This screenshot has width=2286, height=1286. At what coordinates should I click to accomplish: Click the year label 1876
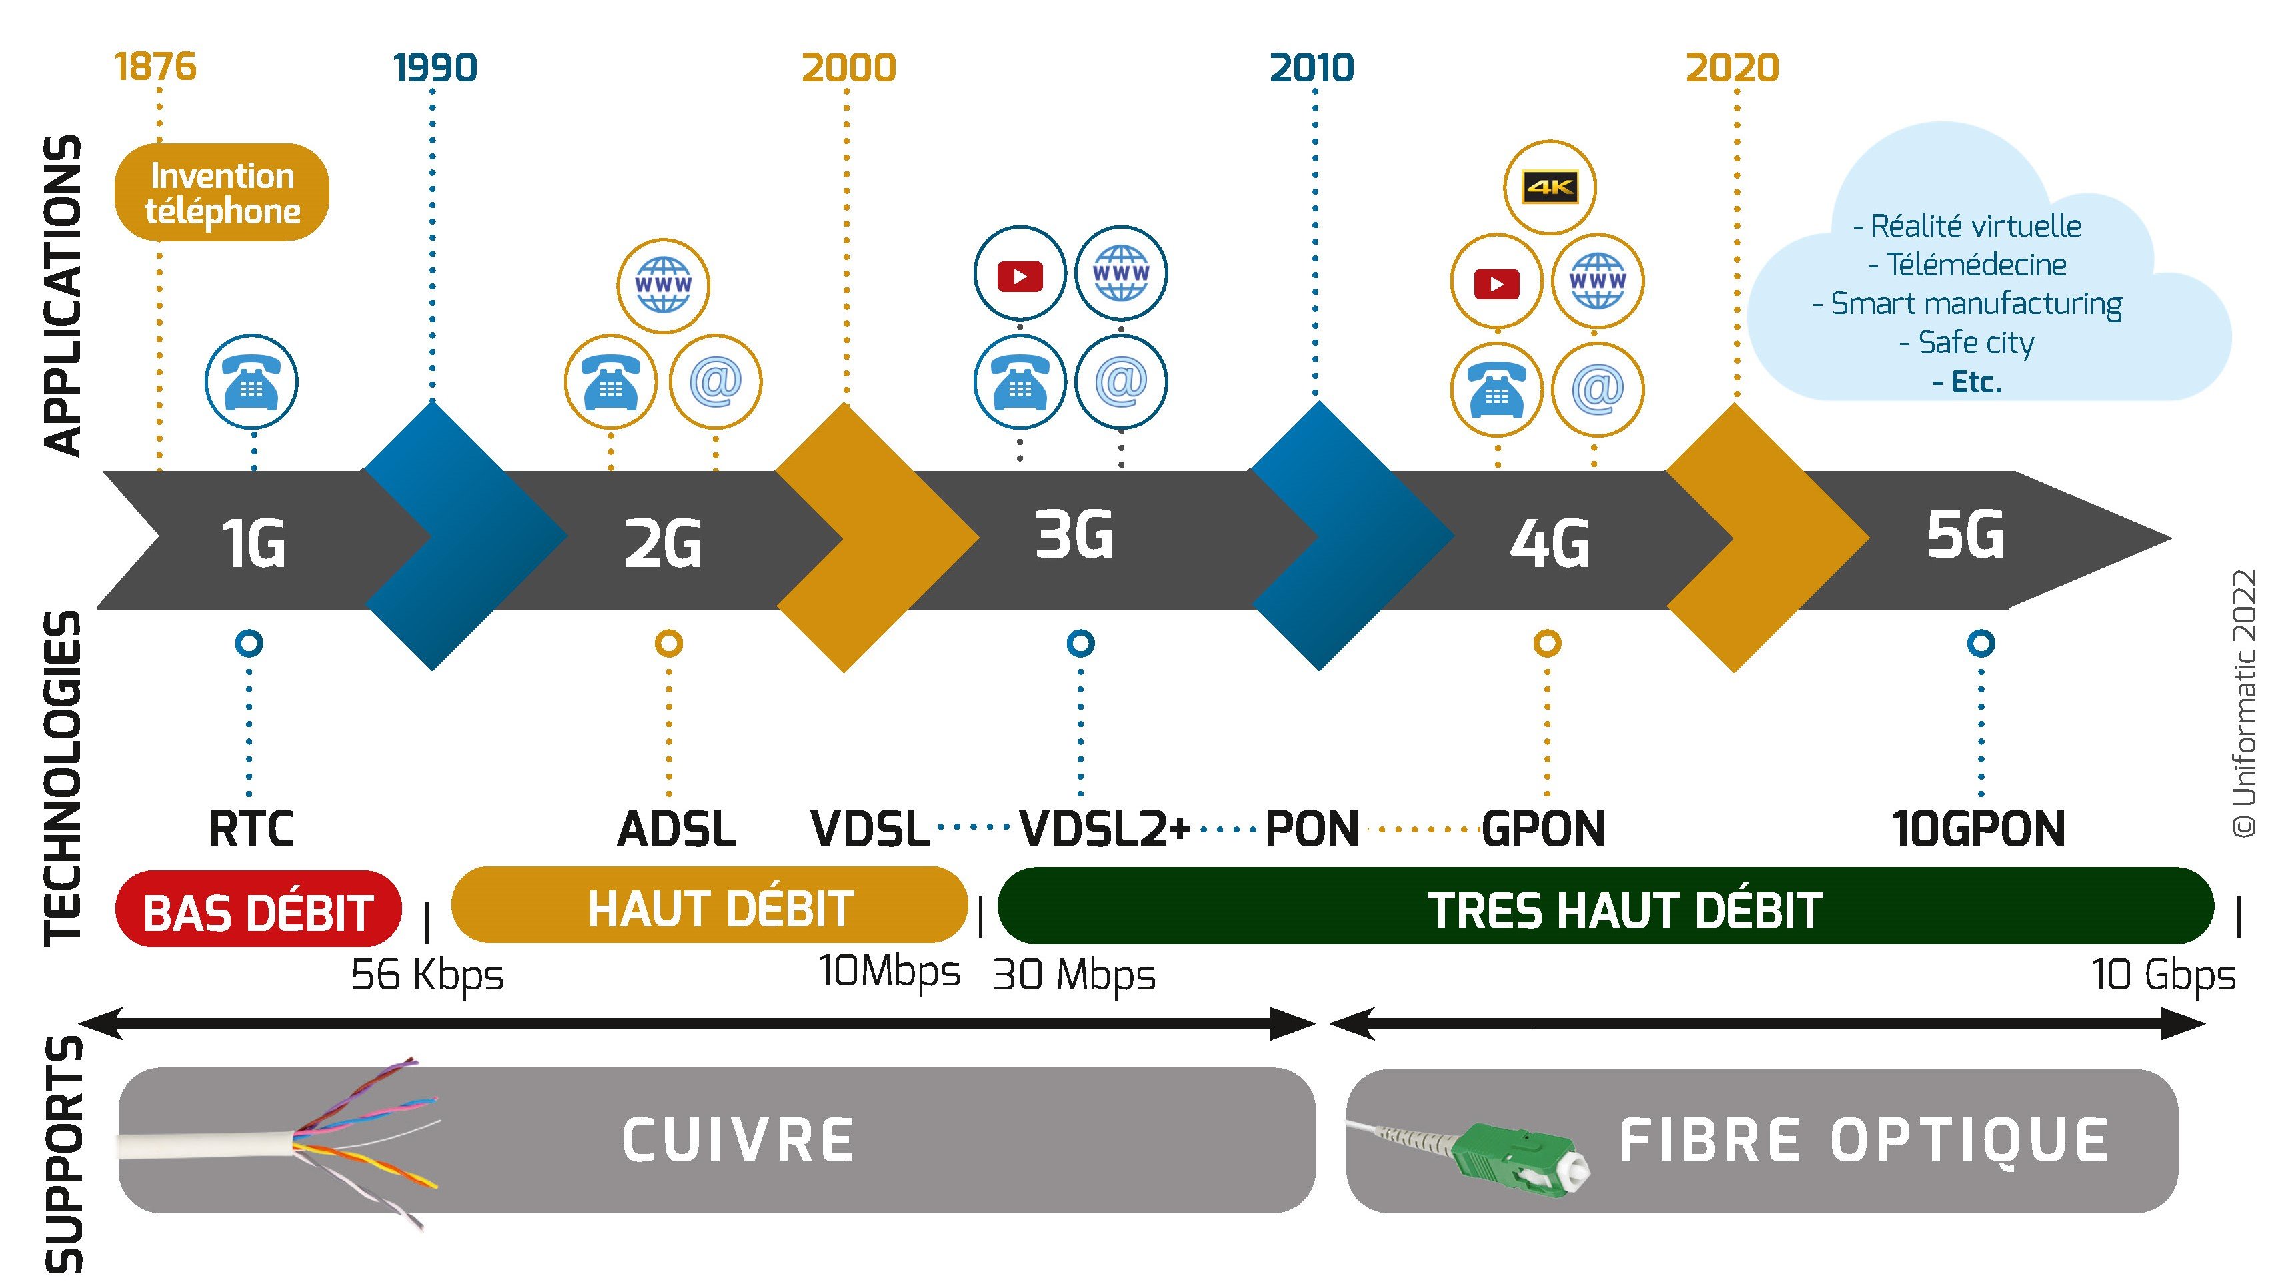155,67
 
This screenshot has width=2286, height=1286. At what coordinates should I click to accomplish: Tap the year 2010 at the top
1312,68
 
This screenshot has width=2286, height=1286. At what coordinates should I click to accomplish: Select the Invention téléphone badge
222,193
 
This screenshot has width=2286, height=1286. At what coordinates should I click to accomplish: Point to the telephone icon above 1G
251,382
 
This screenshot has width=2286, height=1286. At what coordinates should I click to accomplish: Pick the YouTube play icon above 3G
1020,274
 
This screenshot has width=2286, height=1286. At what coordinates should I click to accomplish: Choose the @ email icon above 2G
716,382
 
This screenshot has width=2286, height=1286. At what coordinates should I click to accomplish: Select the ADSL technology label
676,830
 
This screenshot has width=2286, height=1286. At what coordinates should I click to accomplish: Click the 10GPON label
1978,830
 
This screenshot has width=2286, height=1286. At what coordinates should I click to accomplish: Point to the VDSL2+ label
1104,830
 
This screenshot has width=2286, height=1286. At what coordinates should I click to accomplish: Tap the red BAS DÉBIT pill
258,910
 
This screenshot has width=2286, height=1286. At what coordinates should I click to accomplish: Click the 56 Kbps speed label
427,975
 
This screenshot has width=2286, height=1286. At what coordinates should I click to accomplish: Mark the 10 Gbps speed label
2163,975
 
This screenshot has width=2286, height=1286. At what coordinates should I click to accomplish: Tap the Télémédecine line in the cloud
1967,265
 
